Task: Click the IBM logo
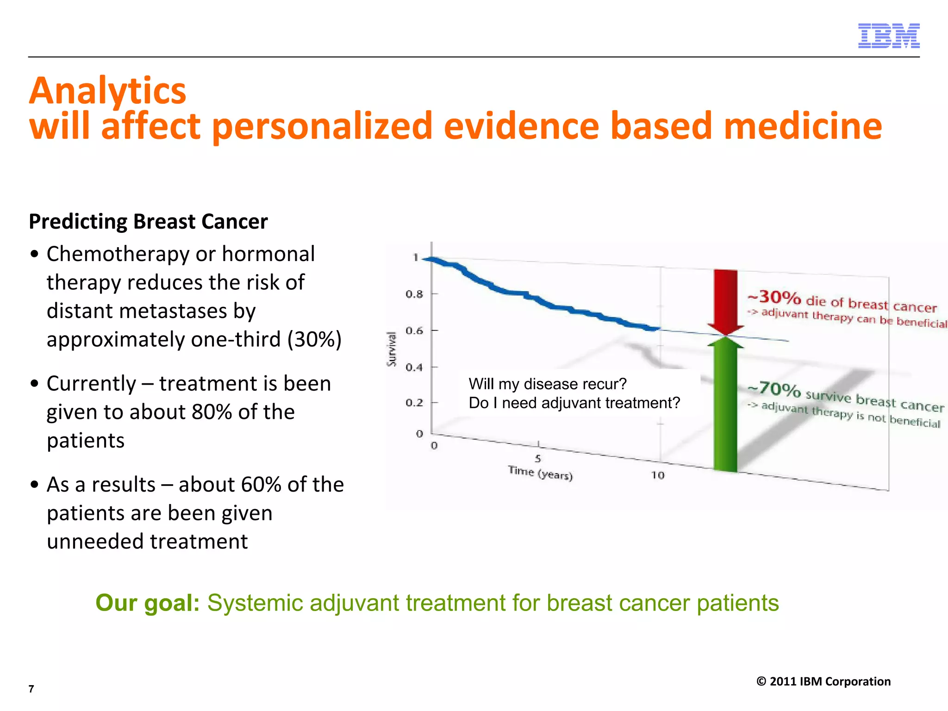coord(888,36)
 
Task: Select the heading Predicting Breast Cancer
coord(148,221)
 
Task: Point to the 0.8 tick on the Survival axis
coord(414,294)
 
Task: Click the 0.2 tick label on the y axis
coord(414,403)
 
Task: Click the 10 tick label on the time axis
coord(657,475)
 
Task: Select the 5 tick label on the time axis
coord(537,458)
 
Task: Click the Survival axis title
coord(392,349)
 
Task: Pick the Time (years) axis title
coord(540,473)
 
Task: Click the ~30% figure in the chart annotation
coord(774,297)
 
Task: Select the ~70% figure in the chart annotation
coord(774,389)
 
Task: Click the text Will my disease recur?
coord(547,384)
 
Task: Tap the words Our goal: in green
coord(147,603)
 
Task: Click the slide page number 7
coord(31,689)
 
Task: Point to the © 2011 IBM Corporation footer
coord(823,681)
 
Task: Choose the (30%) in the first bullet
coord(314,339)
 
